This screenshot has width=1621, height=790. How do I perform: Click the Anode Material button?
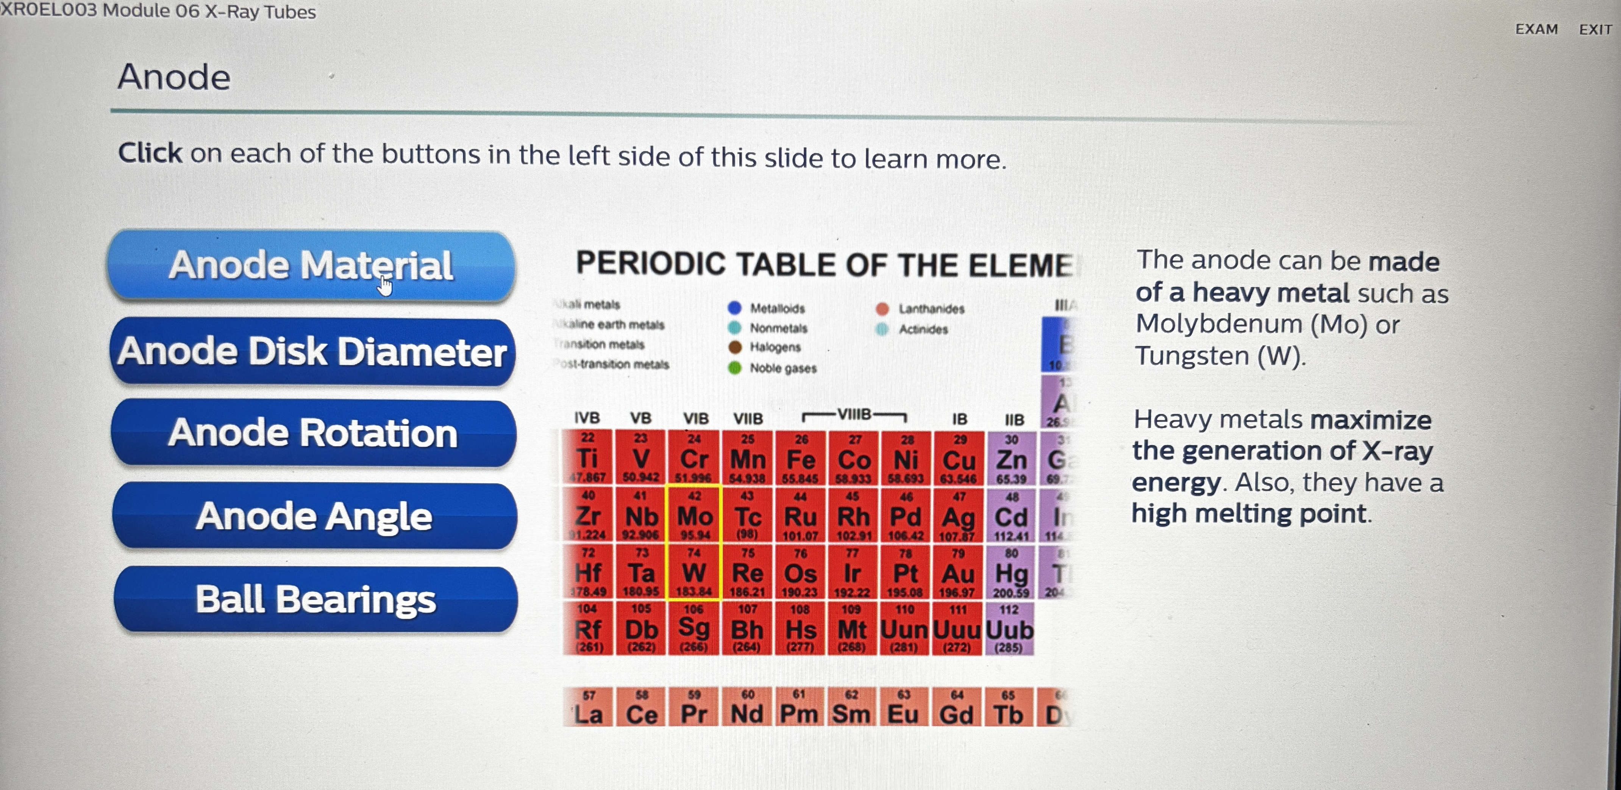click(311, 265)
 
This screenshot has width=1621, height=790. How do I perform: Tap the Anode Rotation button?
click(313, 433)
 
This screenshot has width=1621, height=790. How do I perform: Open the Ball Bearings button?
click(315, 599)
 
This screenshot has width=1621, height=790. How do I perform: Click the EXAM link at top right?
click(1536, 30)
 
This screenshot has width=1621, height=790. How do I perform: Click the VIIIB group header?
click(854, 414)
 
